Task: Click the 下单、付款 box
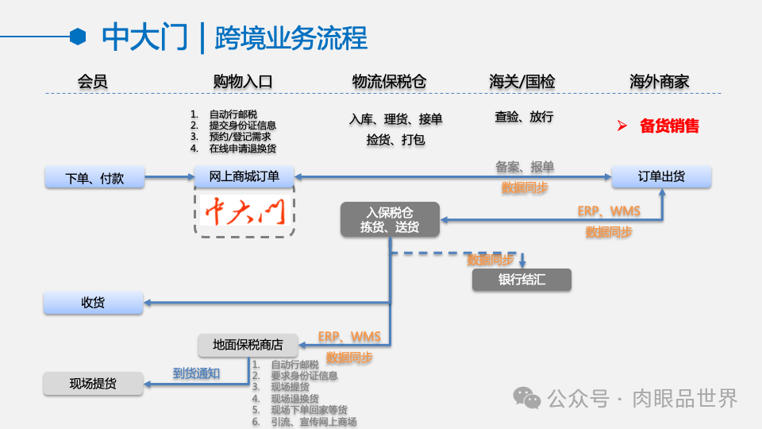[x=94, y=177]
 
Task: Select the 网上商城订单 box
[x=244, y=176]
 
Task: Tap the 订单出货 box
[x=661, y=176]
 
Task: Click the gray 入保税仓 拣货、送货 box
[x=391, y=219]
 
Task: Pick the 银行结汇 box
[x=521, y=280]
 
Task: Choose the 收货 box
[x=93, y=302]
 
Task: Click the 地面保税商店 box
[x=248, y=345]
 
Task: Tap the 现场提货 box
[x=93, y=384]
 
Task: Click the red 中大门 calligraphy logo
[x=244, y=211]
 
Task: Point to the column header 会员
[x=92, y=82]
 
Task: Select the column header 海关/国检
[x=522, y=82]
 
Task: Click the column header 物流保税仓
[x=389, y=82]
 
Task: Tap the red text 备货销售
[x=669, y=126]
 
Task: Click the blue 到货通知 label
[x=196, y=373]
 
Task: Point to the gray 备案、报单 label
[x=525, y=167]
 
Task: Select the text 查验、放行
[x=524, y=117]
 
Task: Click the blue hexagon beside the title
[x=78, y=36]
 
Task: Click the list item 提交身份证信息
[x=242, y=126]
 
